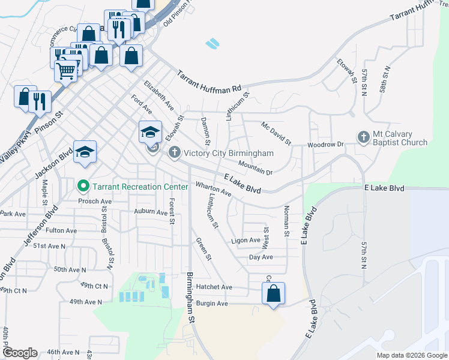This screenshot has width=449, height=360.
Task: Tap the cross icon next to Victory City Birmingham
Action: [x=175, y=152]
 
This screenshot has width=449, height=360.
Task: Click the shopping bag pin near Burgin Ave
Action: [x=273, y=293]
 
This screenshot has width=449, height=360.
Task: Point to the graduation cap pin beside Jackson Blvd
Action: [x=85, y=151]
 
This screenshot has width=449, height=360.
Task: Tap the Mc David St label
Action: [x=276, y=134]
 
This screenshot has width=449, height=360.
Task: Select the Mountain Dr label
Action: [x=255, y=168]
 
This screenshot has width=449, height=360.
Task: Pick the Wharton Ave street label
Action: [x=213, y=189]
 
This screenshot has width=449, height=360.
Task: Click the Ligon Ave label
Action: [x=245, y=241]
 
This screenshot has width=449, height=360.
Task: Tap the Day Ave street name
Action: [x=261, y=257]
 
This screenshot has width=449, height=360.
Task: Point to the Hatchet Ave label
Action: [x=218, y=287]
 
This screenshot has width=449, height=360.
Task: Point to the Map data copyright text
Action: [x=411, y=355]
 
